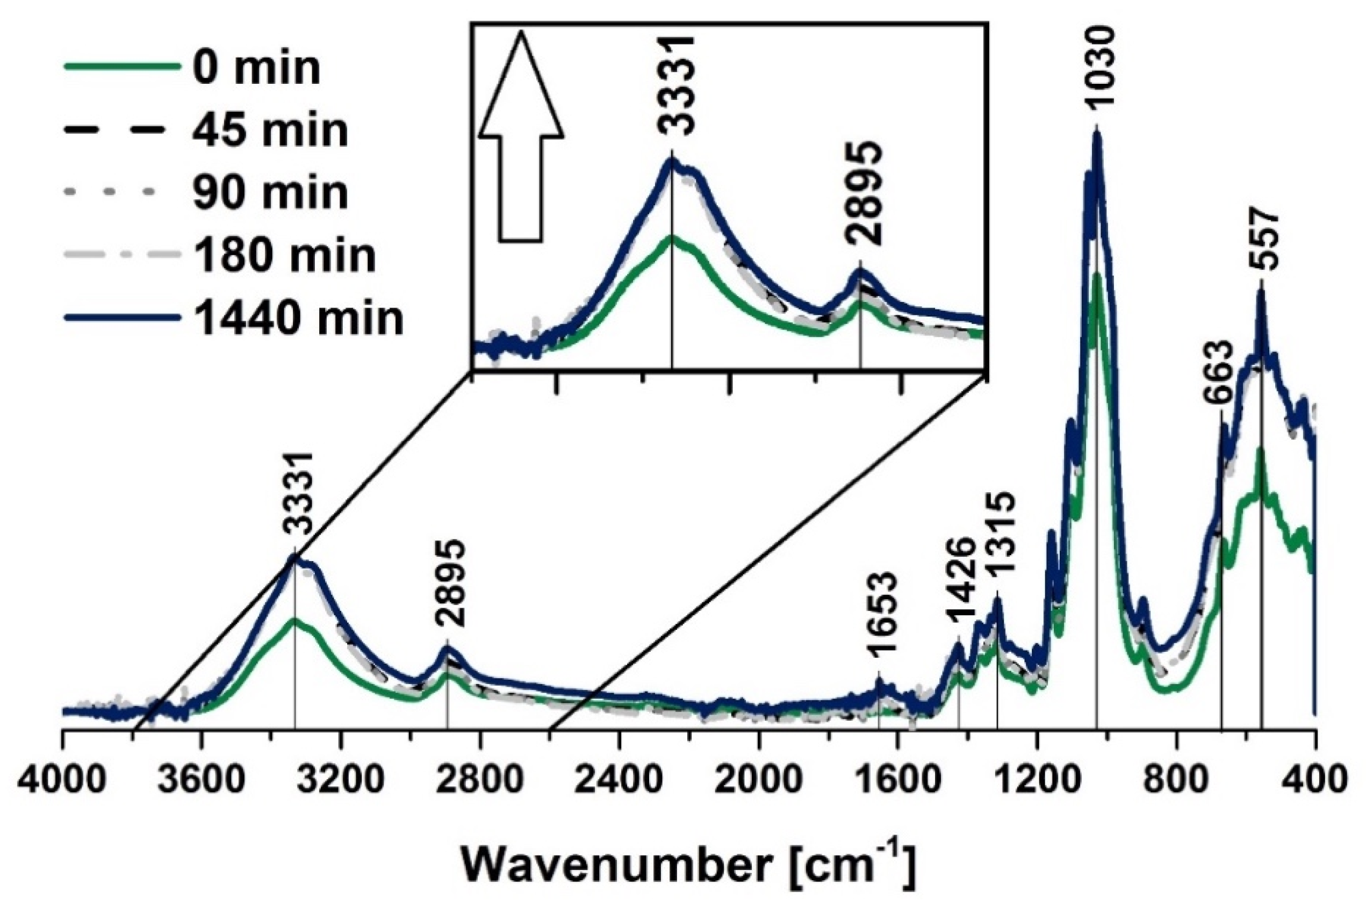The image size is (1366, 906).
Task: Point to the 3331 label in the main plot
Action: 297,500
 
